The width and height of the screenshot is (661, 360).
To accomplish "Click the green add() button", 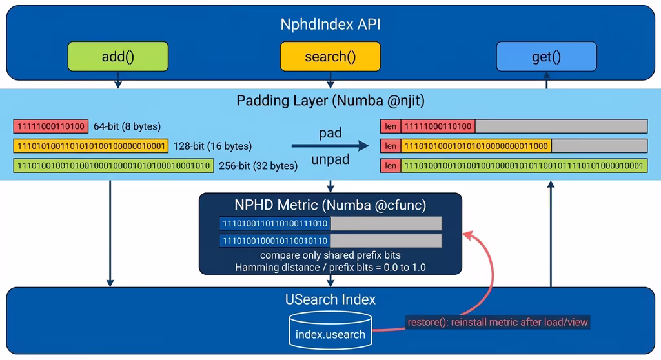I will click(118, 57).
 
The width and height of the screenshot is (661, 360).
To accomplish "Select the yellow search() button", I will click(330, 57).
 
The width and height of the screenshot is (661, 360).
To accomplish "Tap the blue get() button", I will click(546, 57).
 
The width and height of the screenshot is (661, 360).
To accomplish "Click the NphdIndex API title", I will click(330, 24).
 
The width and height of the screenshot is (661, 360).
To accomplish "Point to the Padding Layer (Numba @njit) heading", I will click(330, 101).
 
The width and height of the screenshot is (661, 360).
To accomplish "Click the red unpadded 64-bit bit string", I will click(50, 126).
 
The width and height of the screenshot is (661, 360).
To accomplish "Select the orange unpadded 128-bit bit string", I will click(90, 146).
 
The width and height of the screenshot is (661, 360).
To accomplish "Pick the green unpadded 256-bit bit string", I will click(113, 166).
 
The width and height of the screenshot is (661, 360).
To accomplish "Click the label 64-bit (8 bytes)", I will click(127, 126).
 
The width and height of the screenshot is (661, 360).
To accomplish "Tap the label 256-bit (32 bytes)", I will click(258, 166).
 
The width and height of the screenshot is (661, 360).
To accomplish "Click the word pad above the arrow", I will click(330, 134).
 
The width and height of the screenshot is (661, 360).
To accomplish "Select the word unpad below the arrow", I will click(330, 159).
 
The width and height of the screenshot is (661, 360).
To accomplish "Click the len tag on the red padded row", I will click(391, 126).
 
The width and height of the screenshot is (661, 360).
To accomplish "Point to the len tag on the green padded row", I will click(391, 166).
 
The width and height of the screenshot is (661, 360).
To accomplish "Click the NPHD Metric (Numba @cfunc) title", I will click(330, 205).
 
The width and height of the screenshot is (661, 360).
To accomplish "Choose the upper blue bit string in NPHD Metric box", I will click(275, 224).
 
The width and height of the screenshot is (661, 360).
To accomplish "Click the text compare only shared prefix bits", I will click(330, 255).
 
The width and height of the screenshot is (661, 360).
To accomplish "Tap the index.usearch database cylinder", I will click(330, 330).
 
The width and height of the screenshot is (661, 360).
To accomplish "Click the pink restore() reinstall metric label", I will click(498, 321).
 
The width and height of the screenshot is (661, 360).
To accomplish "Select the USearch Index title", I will click(330, 299).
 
